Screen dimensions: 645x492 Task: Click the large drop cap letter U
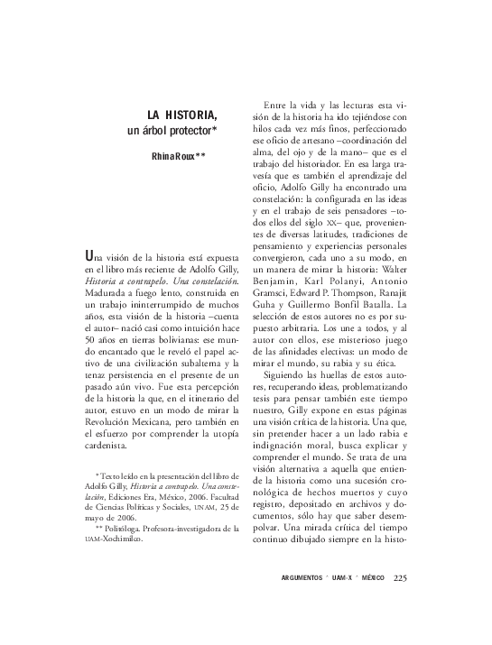(87, 256)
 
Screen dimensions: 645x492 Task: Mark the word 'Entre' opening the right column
(275, 105)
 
